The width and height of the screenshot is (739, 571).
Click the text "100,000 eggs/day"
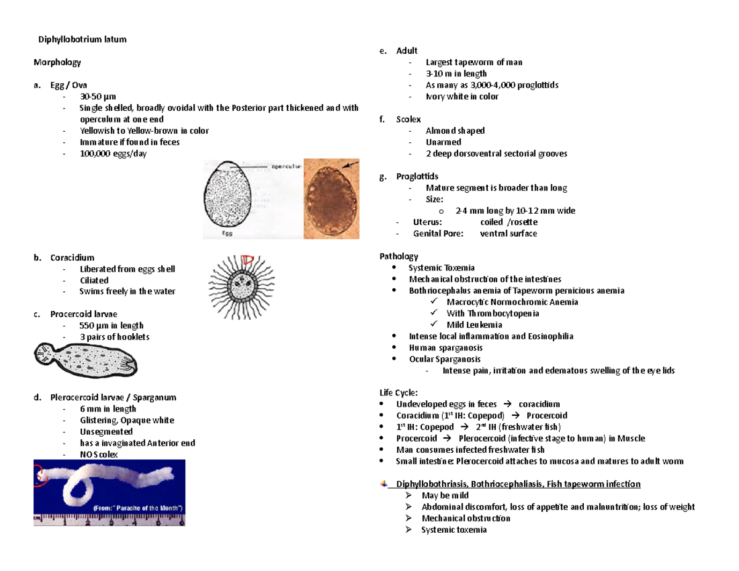point(113,153)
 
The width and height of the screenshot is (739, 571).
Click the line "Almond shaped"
point(454,131)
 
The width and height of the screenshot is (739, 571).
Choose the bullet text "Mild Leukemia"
point(474,325)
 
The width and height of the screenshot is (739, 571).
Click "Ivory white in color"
point(462,97)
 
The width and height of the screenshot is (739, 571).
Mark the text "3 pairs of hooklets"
point(114,337)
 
